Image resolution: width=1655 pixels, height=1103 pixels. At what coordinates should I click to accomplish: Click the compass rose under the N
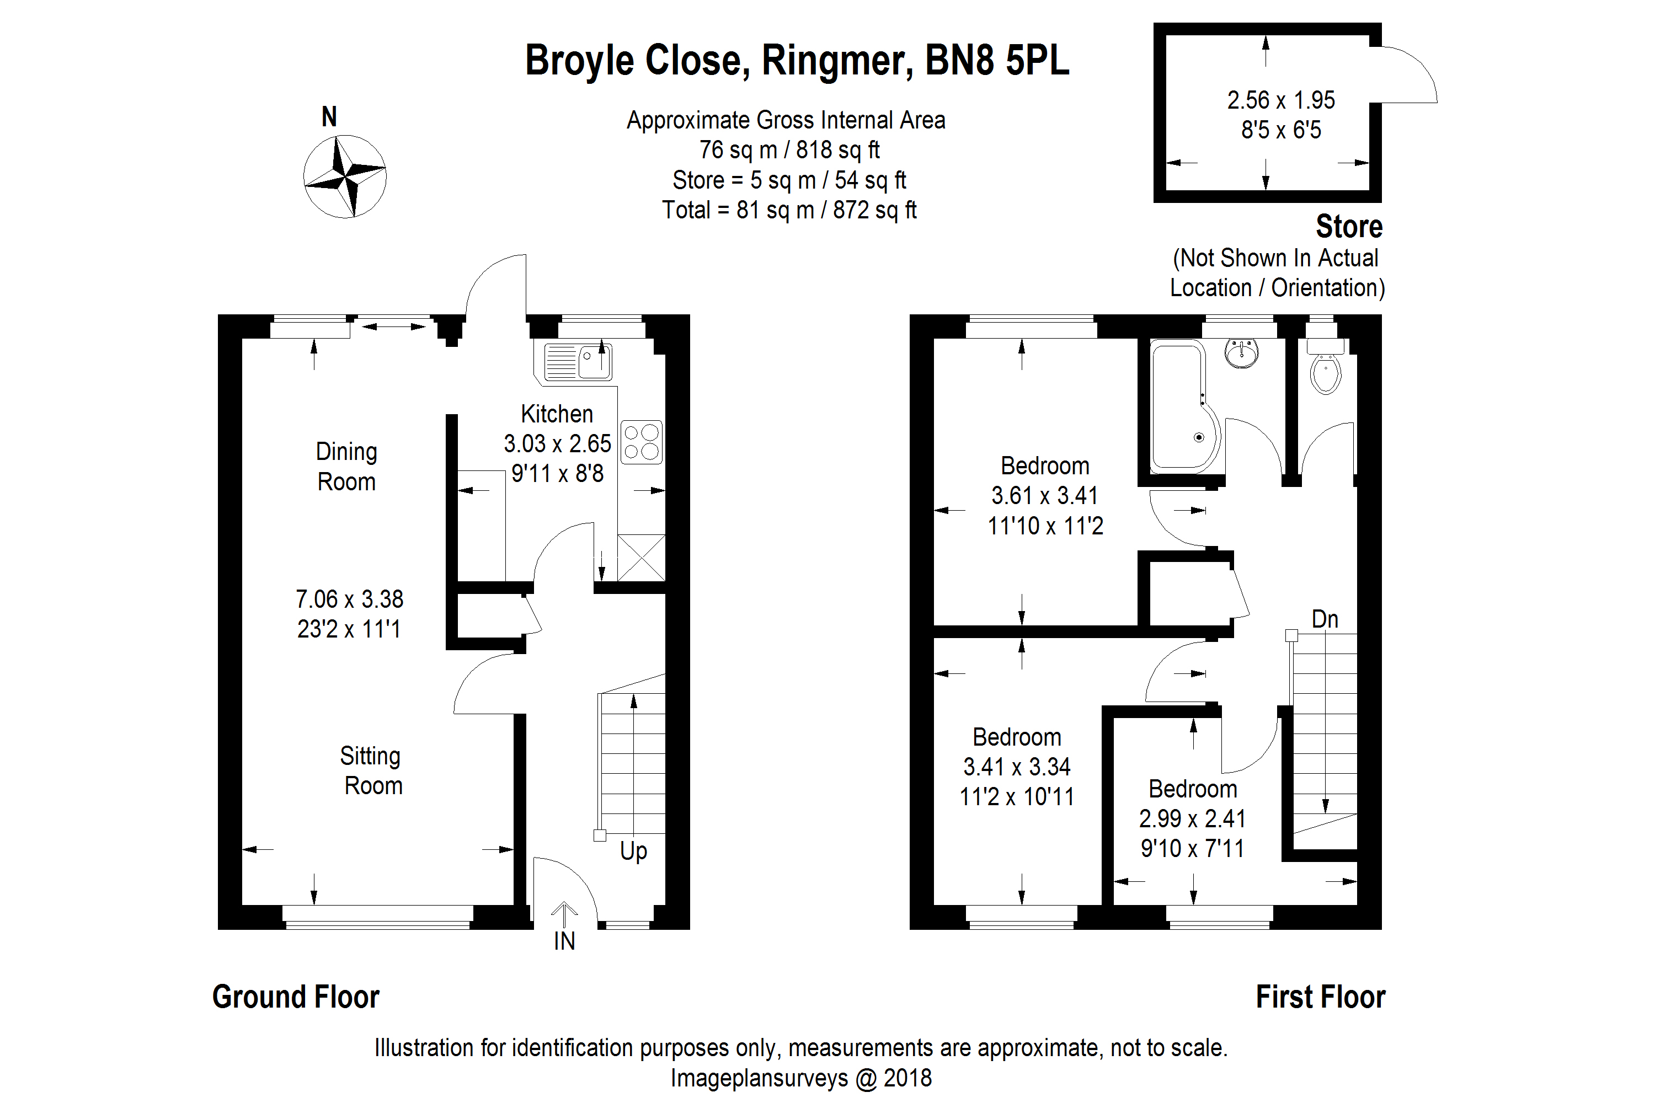coord(345,176)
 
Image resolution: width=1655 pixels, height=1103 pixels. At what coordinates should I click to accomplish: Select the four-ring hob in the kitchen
coord(642,442)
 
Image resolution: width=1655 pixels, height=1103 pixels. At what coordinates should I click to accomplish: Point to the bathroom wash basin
coord(1242,352)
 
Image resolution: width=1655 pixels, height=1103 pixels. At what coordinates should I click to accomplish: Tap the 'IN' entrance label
coord(564,941)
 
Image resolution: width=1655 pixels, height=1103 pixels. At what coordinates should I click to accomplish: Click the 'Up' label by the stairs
coord(633,851)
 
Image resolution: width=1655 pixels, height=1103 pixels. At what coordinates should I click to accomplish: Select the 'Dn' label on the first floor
coord(1325,619)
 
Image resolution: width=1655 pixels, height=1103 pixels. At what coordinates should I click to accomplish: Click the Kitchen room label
coord(557,414)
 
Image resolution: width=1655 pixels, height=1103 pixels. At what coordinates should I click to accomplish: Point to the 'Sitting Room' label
coord(371,771)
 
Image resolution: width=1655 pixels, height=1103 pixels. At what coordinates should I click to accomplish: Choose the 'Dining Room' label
coord(346,467)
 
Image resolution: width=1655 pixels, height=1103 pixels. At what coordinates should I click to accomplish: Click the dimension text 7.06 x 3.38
coord(349,599)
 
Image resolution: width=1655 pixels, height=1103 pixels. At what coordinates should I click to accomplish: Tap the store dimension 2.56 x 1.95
coord(1280,100)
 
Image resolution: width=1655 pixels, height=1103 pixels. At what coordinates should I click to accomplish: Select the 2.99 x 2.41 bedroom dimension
coord(1192,819)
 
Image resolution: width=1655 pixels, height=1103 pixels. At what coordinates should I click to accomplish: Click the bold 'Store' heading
coord(1348,227)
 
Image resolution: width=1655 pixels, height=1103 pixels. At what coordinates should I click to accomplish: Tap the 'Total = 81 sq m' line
coord(789,210)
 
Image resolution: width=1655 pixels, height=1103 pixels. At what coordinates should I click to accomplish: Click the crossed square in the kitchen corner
coord(641,558)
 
